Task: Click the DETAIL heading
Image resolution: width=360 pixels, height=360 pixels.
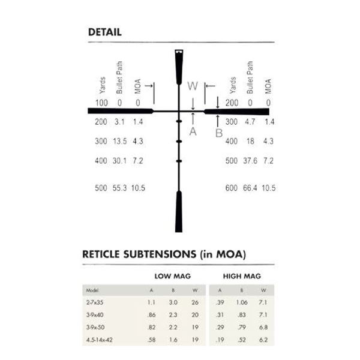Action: (105, 32)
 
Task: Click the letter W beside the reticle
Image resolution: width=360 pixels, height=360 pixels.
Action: (193, 86)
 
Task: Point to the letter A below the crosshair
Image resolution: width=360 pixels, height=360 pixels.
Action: (193, 131)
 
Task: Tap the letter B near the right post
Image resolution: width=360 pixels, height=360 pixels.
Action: (219, 133)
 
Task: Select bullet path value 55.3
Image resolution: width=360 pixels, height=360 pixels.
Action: (119, 188)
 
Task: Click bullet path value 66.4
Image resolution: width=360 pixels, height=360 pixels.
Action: (250, 188)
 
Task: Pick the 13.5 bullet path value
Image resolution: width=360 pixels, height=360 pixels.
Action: (120, 141)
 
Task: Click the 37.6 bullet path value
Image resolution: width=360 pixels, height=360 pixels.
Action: (250, 161)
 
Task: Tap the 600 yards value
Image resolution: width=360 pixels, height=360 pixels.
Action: (232, 188)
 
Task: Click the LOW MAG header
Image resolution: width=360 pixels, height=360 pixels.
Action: (173, 276)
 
